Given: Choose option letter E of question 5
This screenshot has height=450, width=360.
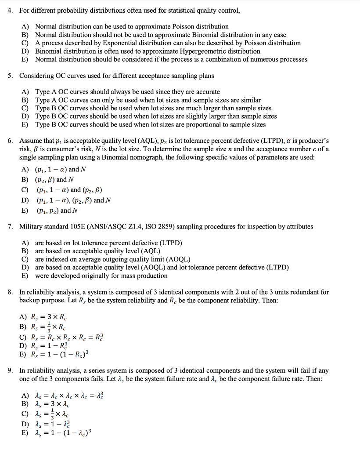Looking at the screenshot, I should tap(25, 125).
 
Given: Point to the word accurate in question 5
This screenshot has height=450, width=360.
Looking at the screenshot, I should tap(206, 92).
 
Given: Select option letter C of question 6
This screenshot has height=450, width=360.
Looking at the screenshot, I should tap(25, 190).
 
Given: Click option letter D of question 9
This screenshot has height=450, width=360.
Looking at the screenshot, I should tap(25, 423).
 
